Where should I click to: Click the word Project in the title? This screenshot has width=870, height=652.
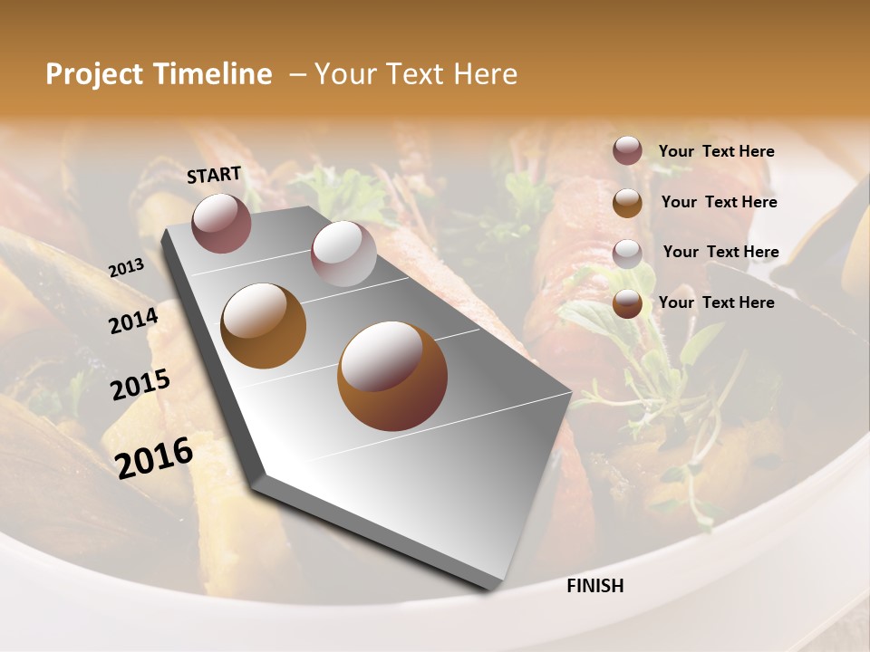(x=94, y=74)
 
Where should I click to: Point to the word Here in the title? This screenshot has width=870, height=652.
(x=485, y=74)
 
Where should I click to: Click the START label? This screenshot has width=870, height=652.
(x=214, y=175)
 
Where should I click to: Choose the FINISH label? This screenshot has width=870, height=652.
(x=594, y=586)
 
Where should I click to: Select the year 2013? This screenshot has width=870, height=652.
(x=126, y=267)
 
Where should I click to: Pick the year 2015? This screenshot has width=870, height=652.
(x=140, y=384)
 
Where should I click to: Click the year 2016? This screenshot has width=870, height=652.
(x=154, y=457)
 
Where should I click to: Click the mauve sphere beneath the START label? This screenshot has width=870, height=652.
(x=221, y=223)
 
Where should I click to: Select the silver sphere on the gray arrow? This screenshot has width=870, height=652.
(x=343, y=254)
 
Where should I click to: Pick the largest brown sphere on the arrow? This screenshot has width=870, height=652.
(x=391, y=375)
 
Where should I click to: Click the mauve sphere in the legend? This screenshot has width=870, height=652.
(x=627, y=150)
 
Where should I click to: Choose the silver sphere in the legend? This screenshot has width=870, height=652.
(x=627, y=254)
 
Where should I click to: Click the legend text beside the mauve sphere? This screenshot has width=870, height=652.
(x=716, y=152)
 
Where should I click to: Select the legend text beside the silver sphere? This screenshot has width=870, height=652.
(x=720, y=252)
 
